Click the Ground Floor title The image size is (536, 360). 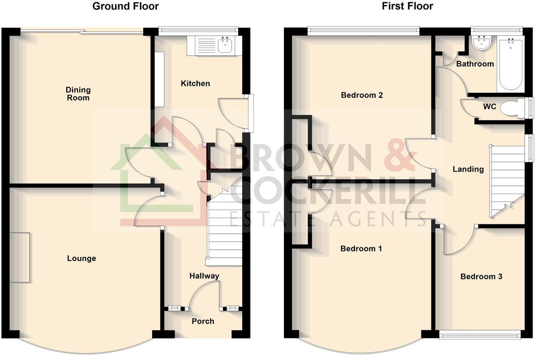125,6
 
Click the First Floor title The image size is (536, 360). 407,6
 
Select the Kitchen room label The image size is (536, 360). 195,83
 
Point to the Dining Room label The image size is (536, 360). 78,94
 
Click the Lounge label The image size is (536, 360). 81,258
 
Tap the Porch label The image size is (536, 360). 203,321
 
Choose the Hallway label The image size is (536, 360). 204,276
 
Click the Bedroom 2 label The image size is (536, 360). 362,95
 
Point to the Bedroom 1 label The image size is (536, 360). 361,248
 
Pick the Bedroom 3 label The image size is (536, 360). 481,277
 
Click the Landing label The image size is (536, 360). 468,169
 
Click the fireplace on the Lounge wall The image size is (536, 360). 20,257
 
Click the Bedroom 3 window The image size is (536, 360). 480,334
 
